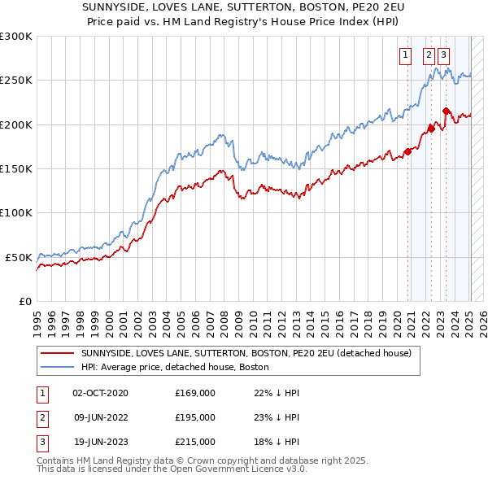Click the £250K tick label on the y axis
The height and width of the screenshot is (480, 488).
(x=16, y=81)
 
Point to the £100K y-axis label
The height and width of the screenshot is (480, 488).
(x=16, y=212)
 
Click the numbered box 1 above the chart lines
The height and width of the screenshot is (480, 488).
(x=405, y=56)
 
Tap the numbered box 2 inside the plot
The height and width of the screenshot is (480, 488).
(x=429, y=56)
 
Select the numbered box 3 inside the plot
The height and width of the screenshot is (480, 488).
(x=443, y=56)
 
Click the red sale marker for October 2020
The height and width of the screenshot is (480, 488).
(x=407, y=151)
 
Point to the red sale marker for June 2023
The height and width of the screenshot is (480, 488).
(x=445, y=111)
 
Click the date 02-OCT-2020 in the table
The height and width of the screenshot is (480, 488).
(x=100, y=393)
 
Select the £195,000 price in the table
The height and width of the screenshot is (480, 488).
(x=195, y=417)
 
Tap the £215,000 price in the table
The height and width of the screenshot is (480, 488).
(x=195, y=443)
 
